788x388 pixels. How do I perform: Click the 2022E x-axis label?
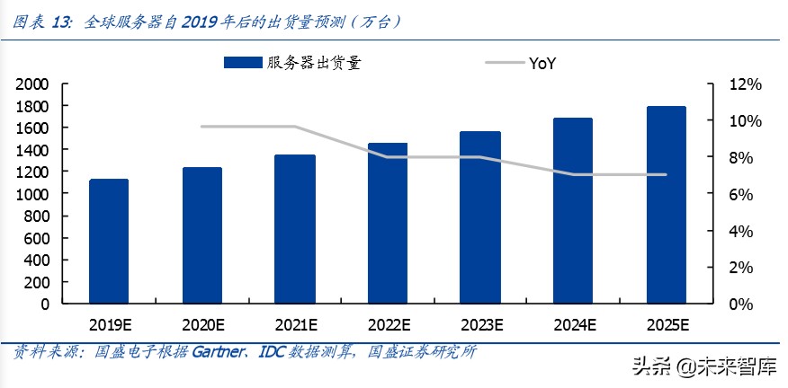(x=388, y=324)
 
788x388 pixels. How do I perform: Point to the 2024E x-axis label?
(x=573, y=324)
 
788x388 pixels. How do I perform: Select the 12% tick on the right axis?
(x=746, y=84)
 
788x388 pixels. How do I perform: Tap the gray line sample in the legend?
(x=504, y=63)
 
